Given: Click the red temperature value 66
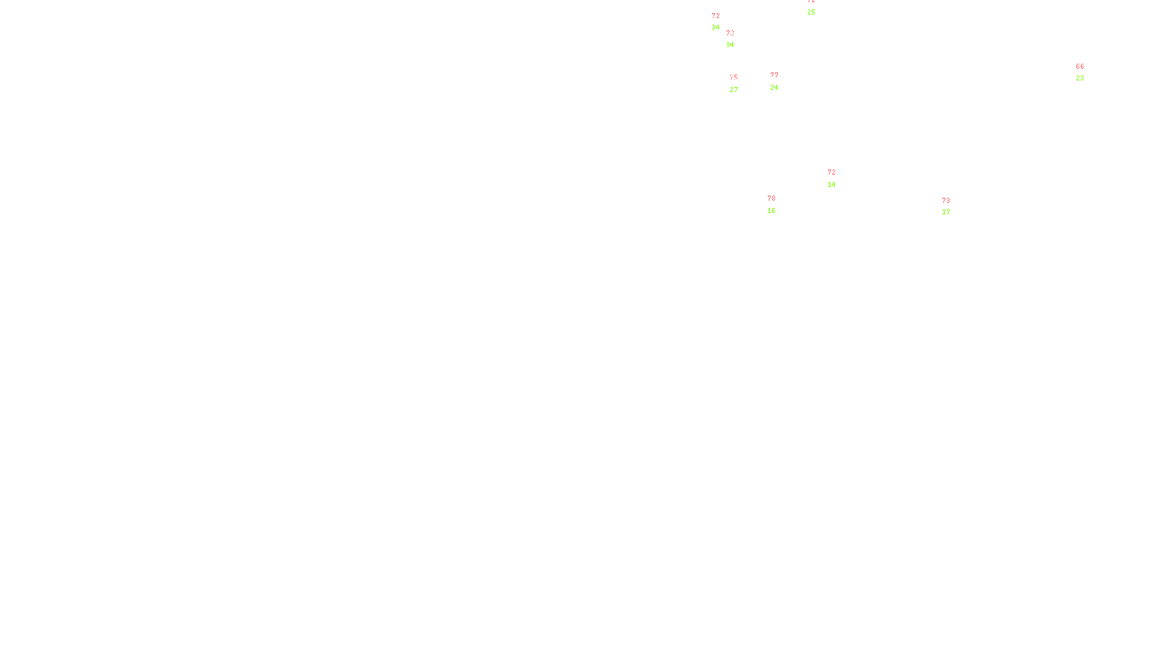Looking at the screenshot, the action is point(1079,67).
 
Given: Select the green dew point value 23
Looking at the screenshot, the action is point(1079,78).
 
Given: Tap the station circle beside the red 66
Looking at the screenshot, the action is point(1087,72).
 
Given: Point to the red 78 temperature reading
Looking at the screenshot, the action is point(771,198).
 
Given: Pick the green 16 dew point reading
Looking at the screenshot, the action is point(771,211).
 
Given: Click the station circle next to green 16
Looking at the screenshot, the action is point(778,205).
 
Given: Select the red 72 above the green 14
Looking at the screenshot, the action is point(832,172).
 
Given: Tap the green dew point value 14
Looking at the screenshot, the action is point(832,185).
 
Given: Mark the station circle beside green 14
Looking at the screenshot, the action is point(838,178).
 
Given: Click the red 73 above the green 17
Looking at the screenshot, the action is point(946,201).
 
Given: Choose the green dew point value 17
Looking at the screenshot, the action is point(946,212).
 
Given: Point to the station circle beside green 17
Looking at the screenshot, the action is point(953,207).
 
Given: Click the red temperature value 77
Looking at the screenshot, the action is point(774,75).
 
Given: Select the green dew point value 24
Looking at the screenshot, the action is point(774,88).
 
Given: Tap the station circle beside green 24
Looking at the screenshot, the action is point(782,81).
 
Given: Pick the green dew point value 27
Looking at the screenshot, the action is point(734,90).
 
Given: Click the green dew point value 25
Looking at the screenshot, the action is point(811,12).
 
